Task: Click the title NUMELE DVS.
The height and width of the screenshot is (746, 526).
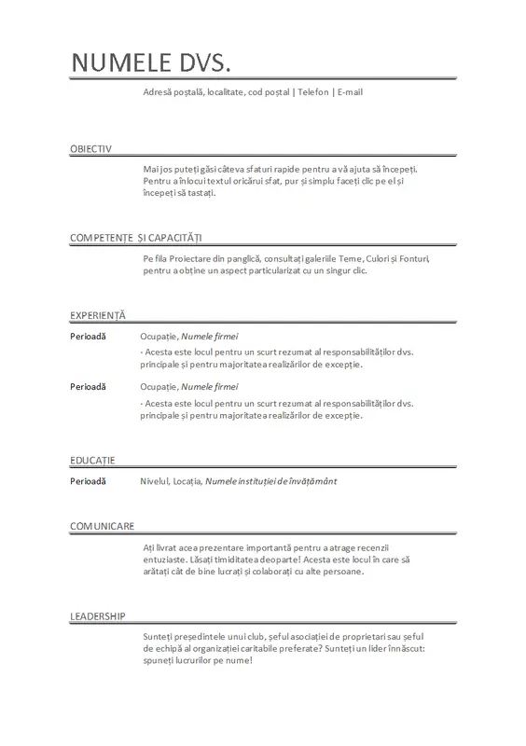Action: coord(150,62)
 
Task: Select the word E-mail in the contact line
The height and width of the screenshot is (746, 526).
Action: coord(350,92)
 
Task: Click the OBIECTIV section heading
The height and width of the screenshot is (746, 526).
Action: coord(90,149)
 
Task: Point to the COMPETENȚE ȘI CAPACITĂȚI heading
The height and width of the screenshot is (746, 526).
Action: coord(136,239)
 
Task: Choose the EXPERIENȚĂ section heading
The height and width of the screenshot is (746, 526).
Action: coord(97,315)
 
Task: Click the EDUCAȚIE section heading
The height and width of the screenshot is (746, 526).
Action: coord(92,462)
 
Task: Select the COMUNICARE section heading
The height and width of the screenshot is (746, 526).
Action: coord(103,527)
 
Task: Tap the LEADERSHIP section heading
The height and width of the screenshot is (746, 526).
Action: coord(98,616)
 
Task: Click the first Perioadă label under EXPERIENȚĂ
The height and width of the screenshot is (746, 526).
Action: coord(89,335)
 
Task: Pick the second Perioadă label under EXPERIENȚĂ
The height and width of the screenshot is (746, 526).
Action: coord(89,385)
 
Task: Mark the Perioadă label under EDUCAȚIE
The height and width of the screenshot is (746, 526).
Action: coord(89,481)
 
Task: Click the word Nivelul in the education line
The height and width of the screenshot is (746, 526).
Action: coord(154,481)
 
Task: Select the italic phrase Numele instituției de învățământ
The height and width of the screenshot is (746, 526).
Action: coord(270,481)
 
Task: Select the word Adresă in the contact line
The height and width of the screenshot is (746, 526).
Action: coord(159,92)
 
